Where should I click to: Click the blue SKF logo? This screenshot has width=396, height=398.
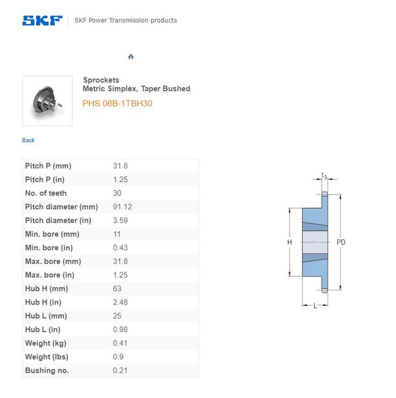point(42,20)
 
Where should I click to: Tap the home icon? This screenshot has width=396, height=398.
point(131,56)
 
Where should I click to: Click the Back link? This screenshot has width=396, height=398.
point(28,140)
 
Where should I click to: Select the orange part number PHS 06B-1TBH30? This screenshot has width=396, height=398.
point(117,103)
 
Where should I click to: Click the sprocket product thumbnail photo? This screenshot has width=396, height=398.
point(47,101)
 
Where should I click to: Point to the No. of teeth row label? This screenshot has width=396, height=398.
point(46,193)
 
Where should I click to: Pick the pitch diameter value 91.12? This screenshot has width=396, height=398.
point(122,207)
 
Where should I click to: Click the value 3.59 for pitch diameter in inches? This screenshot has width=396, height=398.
point(121,221)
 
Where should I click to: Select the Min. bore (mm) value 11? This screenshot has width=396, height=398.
point(117,234)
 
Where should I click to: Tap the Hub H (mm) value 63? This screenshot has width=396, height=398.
point(117,289)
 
